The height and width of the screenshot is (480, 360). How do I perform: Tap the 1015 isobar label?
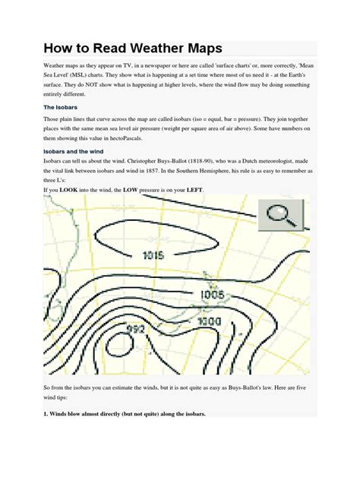pyautogui.click(x=153, y=255)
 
